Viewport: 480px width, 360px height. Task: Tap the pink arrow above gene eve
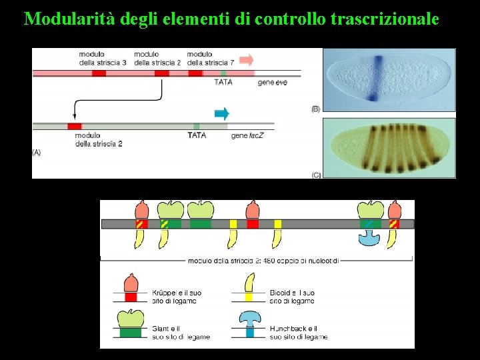247,60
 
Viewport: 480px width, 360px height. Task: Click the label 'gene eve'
273,82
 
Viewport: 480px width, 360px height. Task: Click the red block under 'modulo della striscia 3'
99,73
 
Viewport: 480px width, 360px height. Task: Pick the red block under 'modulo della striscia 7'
195,73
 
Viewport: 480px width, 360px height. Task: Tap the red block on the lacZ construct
75,126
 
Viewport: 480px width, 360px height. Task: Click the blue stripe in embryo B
377,79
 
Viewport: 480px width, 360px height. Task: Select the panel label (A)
37,153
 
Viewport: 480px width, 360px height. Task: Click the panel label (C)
316,175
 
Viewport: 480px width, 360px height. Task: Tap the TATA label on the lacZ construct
197,135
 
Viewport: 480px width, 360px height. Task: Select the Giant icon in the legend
131,321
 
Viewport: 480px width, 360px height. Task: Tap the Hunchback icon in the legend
250,321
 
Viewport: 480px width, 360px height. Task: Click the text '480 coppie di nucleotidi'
301,261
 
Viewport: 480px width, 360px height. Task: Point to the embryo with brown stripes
389,147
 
